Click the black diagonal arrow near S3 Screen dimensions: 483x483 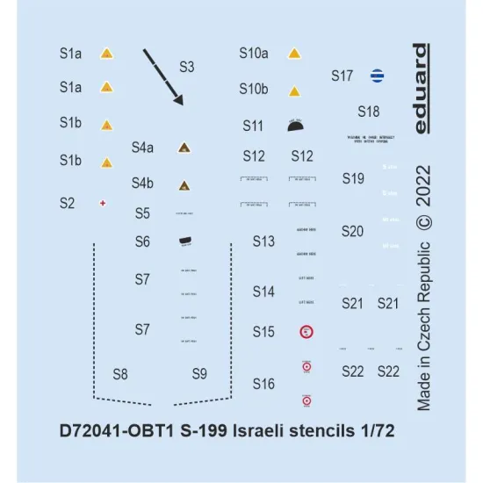pos(163,77)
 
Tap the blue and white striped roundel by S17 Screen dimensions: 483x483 pos(377,76)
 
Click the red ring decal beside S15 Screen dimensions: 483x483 pos(306,332)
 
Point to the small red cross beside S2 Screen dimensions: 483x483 pos(105,203)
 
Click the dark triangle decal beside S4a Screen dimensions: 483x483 pos(184,148)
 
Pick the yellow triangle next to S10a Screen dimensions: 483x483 pos(294,54)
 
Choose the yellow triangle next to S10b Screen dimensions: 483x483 pos(295,90)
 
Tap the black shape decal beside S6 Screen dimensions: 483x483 pos(184,241)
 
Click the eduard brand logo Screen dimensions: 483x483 pos(422,88)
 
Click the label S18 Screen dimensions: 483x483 pos(369,112)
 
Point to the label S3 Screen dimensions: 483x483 pos(186,67)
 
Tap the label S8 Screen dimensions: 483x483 pos(120,374)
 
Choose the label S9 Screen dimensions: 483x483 pos(199,374)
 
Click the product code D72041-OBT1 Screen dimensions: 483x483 pos(115,432)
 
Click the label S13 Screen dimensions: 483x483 pos(263,241)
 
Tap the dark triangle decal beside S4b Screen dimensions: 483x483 pos(184,185)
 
